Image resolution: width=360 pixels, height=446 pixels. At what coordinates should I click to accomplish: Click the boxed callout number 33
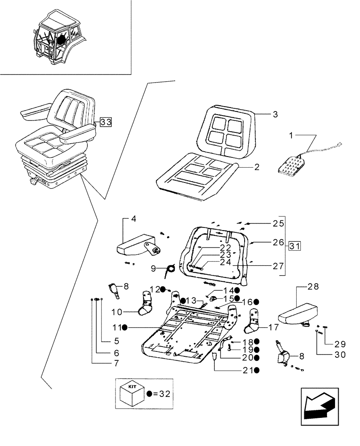click(106, 121)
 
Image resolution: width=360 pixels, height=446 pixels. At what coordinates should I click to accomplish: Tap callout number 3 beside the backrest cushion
click(275, 115)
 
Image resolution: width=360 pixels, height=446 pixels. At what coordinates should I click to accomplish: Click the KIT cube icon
click(133, 393)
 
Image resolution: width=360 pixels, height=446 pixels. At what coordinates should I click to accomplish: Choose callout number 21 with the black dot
click(248, 370)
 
